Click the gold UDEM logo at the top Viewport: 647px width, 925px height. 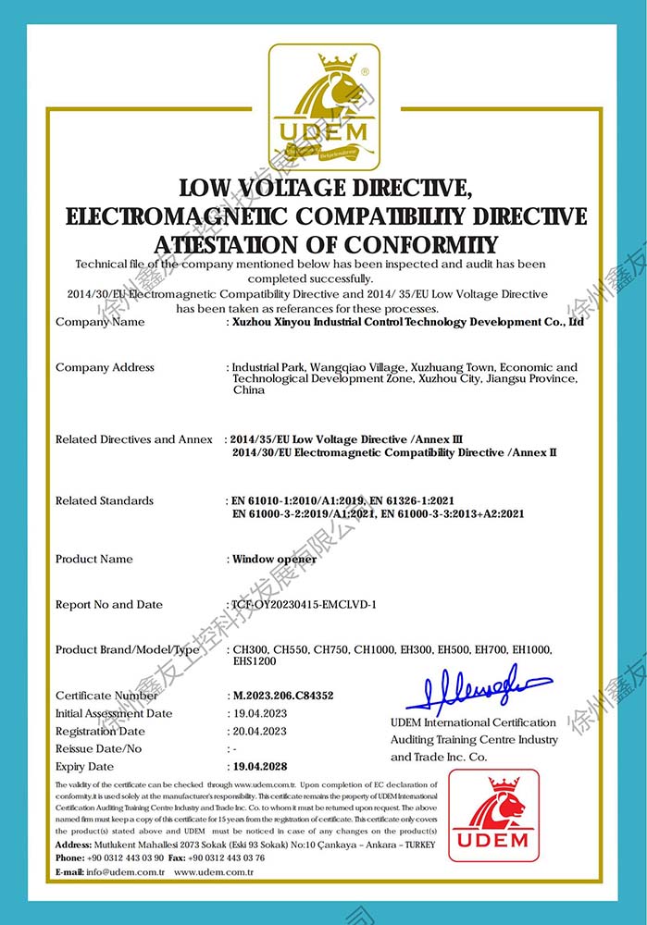tap(323, 107)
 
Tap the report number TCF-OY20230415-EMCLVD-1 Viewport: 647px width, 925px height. tap(305, 605)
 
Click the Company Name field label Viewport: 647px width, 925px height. tap(100, 322)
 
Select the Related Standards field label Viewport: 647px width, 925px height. tap(105, 500)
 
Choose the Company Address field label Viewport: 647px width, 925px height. tap(105, 367)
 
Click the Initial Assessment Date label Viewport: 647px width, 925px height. tap(114, 714)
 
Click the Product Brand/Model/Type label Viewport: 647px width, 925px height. tap(128, 650)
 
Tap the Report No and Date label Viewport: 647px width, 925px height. tap(109, 605)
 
